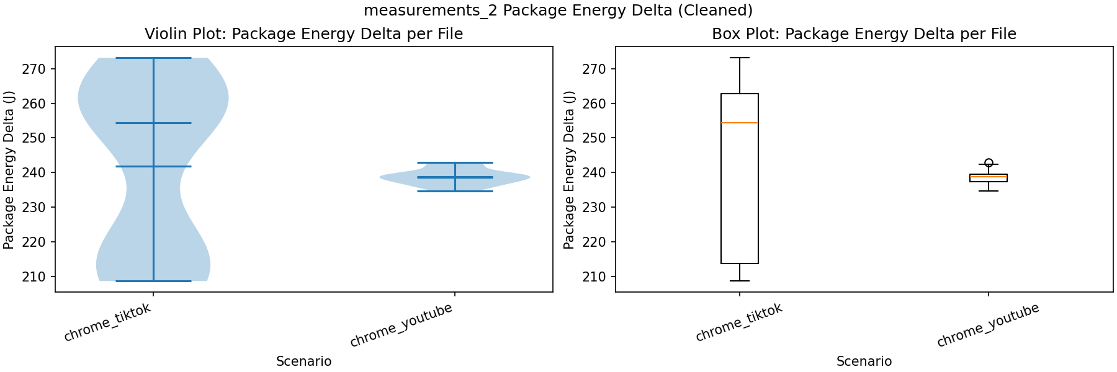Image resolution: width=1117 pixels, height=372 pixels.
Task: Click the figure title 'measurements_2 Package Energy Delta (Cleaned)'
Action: coord(558,11)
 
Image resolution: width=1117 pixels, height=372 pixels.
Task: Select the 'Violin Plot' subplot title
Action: coord(303,34)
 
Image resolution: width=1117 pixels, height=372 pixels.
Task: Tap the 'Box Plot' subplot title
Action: coord(864,34)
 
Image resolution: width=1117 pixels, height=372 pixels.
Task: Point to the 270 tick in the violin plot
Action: coord(34,69)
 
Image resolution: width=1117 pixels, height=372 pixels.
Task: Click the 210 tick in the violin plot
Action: coord(34,277)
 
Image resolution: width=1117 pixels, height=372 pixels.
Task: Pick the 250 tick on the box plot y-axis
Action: coord(594,138)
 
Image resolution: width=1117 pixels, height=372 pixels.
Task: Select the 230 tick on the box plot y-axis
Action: coord(594,207)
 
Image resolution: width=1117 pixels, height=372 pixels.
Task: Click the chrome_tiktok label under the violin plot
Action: coord(108,323)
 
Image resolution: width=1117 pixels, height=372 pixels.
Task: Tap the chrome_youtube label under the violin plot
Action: coord(401,325)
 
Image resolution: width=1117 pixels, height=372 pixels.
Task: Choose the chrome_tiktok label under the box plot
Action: coord(739,323)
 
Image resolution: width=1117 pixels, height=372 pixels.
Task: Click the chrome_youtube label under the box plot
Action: coord(988,325)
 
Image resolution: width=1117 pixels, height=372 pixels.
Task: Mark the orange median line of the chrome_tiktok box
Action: coord(740,123)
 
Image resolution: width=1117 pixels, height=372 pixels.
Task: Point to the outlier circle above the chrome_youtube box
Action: coord(989,163)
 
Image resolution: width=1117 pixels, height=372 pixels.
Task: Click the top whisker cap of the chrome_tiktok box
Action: coord(740,58)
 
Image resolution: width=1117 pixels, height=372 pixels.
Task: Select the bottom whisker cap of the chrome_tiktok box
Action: coord(740,281)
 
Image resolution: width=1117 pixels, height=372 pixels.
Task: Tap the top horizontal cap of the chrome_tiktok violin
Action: coord(153,58)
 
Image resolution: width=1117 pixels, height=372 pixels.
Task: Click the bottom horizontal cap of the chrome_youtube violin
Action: coord(455,191)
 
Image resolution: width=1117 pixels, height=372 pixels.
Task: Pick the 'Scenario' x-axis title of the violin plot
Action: coord(303,361)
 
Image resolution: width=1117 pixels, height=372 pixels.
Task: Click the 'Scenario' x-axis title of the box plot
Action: coord(864,361)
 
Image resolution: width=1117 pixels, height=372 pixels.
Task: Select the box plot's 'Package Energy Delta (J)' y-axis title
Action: coord(569,170)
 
